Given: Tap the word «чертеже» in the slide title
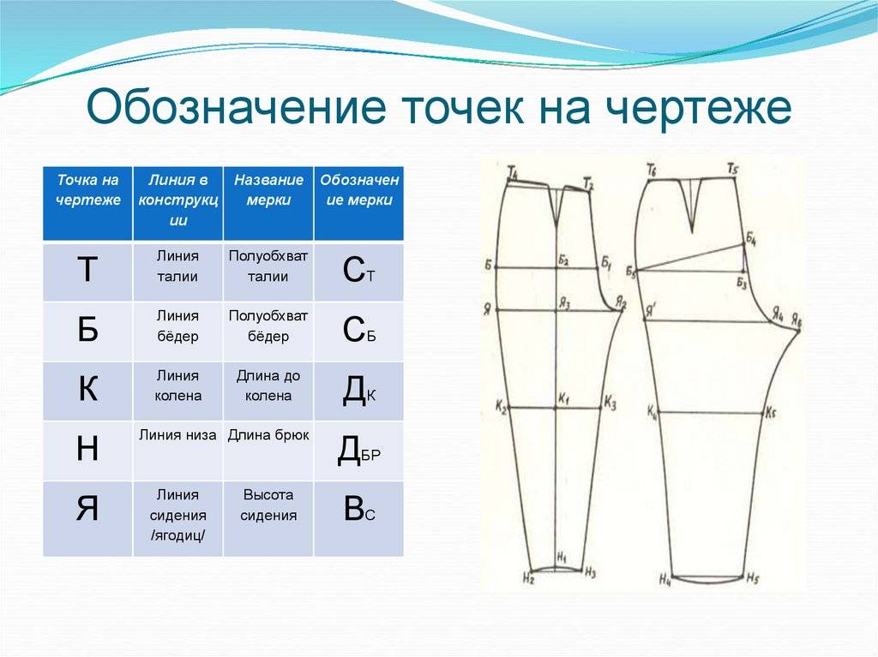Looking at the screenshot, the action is click(699, 107).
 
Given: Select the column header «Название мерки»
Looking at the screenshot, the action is click(268, 190).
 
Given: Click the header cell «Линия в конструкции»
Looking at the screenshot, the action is click(178, 200).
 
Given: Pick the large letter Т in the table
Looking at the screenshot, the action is click(87, 270).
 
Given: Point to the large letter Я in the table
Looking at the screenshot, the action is click(87, 509).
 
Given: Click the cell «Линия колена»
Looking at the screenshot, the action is click(178, 385).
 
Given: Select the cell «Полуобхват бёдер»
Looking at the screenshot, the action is click(268, 326).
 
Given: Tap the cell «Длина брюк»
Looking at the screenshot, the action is click(268, 435).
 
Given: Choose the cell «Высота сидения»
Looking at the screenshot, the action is click(268, 505).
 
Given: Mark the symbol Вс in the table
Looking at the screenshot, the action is click(359, 509).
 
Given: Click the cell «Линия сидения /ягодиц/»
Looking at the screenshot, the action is click(178, 515).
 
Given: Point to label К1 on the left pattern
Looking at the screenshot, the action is click(563, 399).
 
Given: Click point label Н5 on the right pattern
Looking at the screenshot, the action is click(752, 578).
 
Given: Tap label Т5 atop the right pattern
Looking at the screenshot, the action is click(733, 168).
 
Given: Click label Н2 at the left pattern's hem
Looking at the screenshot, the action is click(528, 579).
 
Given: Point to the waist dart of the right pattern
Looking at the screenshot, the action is click(691, 205).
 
